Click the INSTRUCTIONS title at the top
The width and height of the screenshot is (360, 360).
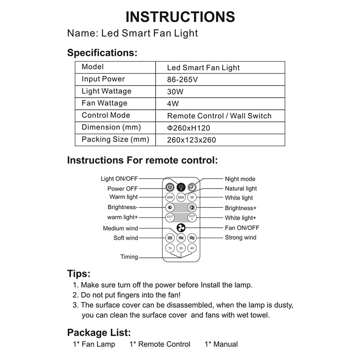(180, 17)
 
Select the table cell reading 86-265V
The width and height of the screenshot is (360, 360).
(182, 80)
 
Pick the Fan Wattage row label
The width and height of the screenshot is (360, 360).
(104, 103)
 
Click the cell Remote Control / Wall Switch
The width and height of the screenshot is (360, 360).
(219, 116)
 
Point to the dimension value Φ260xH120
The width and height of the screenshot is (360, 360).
(188, 128)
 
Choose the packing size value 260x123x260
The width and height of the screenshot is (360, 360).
(191, 140)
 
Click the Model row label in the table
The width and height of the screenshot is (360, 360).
(93, 67)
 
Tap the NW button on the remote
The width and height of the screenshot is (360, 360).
(181, 198)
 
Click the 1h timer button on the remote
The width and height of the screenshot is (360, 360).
(170, 248)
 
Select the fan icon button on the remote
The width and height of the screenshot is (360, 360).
(181, 228)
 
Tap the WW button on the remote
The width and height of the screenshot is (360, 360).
(170, 198)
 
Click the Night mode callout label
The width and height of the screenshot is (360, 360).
(240, 179)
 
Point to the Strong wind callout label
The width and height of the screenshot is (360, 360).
(240, 238)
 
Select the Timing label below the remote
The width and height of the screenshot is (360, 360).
(129, 257)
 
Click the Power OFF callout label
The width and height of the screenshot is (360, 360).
(122, 189)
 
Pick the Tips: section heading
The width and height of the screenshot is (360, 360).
(79, 274)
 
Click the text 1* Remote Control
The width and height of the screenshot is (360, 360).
(160, 344)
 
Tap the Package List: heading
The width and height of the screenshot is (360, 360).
(99, 333)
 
